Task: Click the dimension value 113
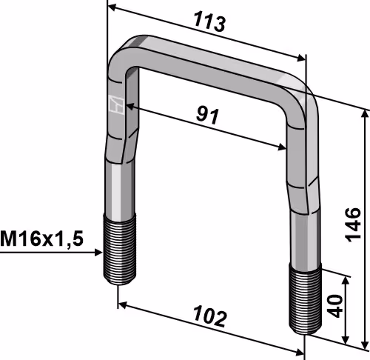pyautogui.click(x=209, y=22)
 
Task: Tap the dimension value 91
pyautogui.click(x=207, y=116)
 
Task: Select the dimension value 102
pyautogui.click(x=209, y=316)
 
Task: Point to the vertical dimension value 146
pyautogui.click(x=353, y=224)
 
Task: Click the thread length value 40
pyautogui.click(x=336, y=306)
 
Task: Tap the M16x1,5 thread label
pyautogui.click(x=41, y=239)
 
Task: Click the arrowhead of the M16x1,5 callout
pyautogui.click(x=98, y=253)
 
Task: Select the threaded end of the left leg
pyautogui.click(x=119, y=250)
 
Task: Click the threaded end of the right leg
pyautogui.click(x=306, y=299)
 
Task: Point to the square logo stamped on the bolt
pyautogui.click(x=116, y=104)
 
